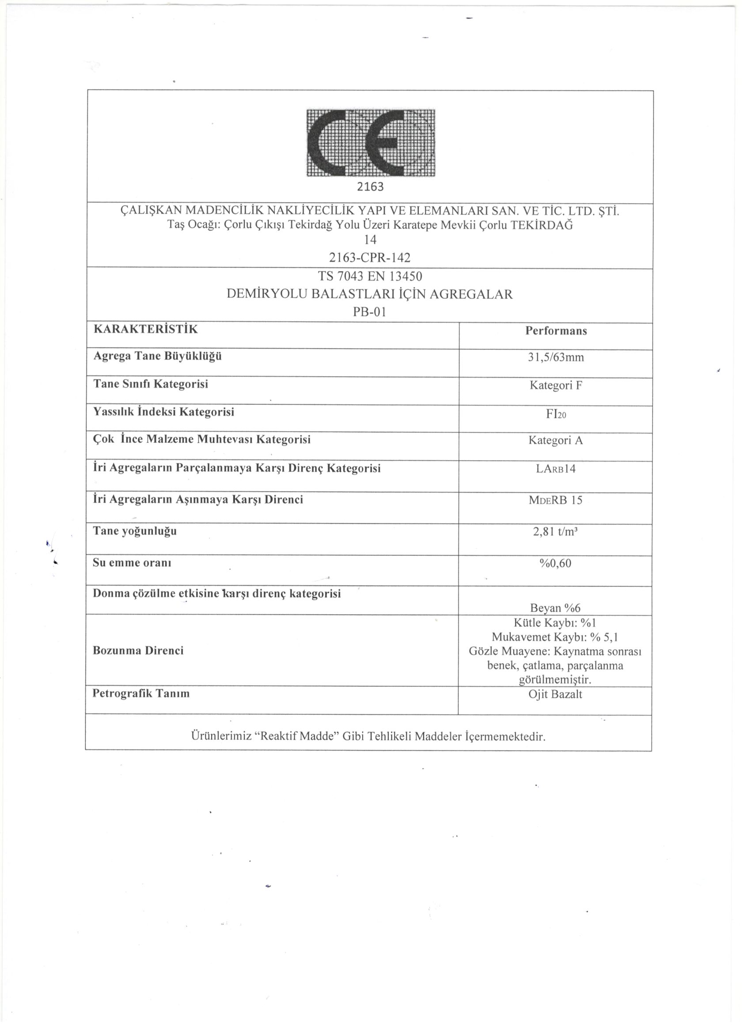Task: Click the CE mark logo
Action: pyautogui.click(x=371, y=143)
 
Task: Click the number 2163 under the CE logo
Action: pyautogui.click(x=370, y=187)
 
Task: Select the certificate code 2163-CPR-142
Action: pyautogui.click(x=370, y=258)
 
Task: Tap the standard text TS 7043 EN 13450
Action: pyautogui.click(x=370, y=277)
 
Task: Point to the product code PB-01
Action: pyautogui.click(x=370, y=312)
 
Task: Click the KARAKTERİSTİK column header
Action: pyautogui.click(x=146, y=329)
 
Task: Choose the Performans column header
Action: pyautogui.click(x=556, y=331)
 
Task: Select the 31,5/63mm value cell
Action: pyautogui.click(x=556, y=357)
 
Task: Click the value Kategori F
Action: pyautogui.click(x=556, y=385)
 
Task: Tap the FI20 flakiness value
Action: pyautogui.click(x=556, y=414)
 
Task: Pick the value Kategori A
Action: pyautogui.click(x=556, y=441)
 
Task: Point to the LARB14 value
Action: pyautogui.click(x=556, y=469)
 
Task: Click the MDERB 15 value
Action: pyautogui.click(x=556, y=500)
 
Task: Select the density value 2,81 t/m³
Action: pyautogui.click(x=556, y=532)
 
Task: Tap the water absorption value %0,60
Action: pyautogui.click(x=556, y=563)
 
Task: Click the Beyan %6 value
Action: pyautogui.click(x=556, y=608)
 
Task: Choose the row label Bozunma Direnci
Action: pyautogui.click(x=138, y=650)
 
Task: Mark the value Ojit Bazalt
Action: pyautogui.click(x=555, y=695)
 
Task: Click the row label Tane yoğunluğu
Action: pyautogui.click(x=135, y=531)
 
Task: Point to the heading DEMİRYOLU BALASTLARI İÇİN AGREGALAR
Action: pyautogui.click(x=370, y=294)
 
